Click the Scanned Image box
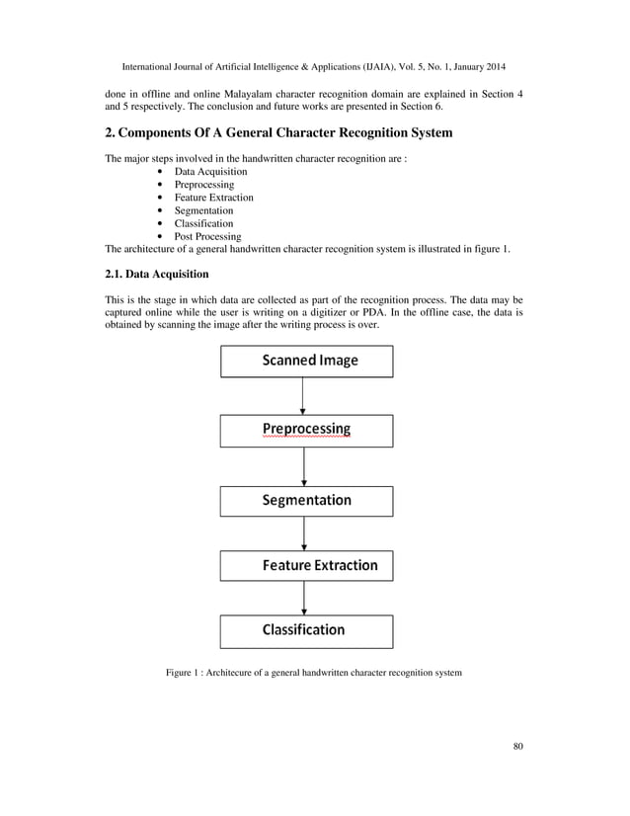tap(307, 361)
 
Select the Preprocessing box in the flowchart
tap(307, 430)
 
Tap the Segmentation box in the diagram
tap(307, 500)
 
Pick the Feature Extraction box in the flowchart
tap(307, 566)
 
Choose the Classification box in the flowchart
tap(307, 630)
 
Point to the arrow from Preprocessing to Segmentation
tap(303, 466)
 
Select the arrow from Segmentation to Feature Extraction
tap(303, 533)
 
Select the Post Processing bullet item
tap(207, 236)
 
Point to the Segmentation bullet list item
tap(203, 210)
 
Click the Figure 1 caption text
tap(313, 674)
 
